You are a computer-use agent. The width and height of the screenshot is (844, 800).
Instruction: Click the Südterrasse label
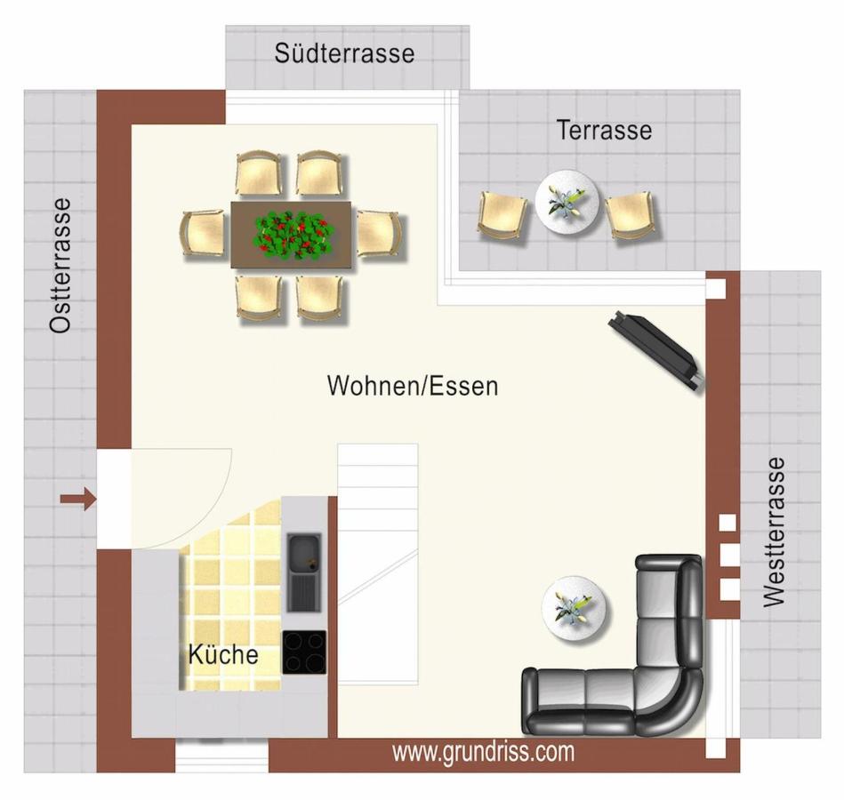(344, 53)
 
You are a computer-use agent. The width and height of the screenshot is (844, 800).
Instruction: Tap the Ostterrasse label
(60, 265)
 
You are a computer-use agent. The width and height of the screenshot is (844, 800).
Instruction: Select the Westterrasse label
(774, 532)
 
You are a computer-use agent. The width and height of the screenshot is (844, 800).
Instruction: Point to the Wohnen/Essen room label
(413, 386)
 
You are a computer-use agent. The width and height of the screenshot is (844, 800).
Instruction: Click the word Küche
(223, 655)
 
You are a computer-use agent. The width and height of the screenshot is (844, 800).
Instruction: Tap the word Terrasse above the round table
(604, 130)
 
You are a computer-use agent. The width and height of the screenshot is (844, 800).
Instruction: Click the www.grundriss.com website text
(483, 752)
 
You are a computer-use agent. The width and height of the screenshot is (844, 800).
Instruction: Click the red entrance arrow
(78, 500)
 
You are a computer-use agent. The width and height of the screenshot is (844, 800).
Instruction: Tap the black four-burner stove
(304, 652)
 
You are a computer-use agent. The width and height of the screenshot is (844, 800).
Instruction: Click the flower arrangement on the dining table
(293, 234)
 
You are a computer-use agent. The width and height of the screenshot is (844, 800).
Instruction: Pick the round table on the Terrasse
(567, 202)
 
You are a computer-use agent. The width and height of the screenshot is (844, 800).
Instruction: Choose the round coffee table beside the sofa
(575, 608)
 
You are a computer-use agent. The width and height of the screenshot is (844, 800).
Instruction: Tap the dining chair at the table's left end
(203, 234)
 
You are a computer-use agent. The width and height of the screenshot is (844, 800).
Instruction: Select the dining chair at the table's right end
(379, 234)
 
